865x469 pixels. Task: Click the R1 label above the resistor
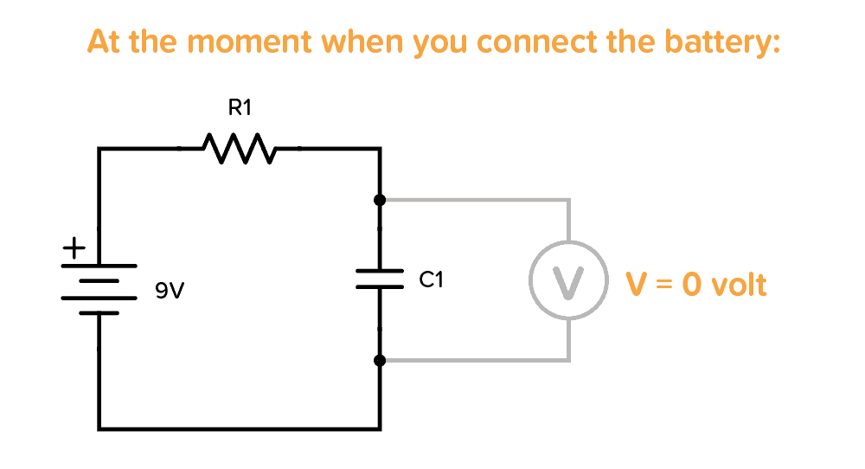point(239,108)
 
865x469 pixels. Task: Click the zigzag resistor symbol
point(239,149)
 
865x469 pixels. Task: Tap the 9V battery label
point(170,292)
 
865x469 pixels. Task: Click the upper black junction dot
point(380,201)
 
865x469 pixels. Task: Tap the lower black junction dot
point(380,360)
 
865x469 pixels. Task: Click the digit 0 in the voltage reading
point(691,285)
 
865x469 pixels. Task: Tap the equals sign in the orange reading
point(663,285)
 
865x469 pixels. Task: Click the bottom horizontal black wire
point(239,427)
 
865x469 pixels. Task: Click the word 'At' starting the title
point(103,42)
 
